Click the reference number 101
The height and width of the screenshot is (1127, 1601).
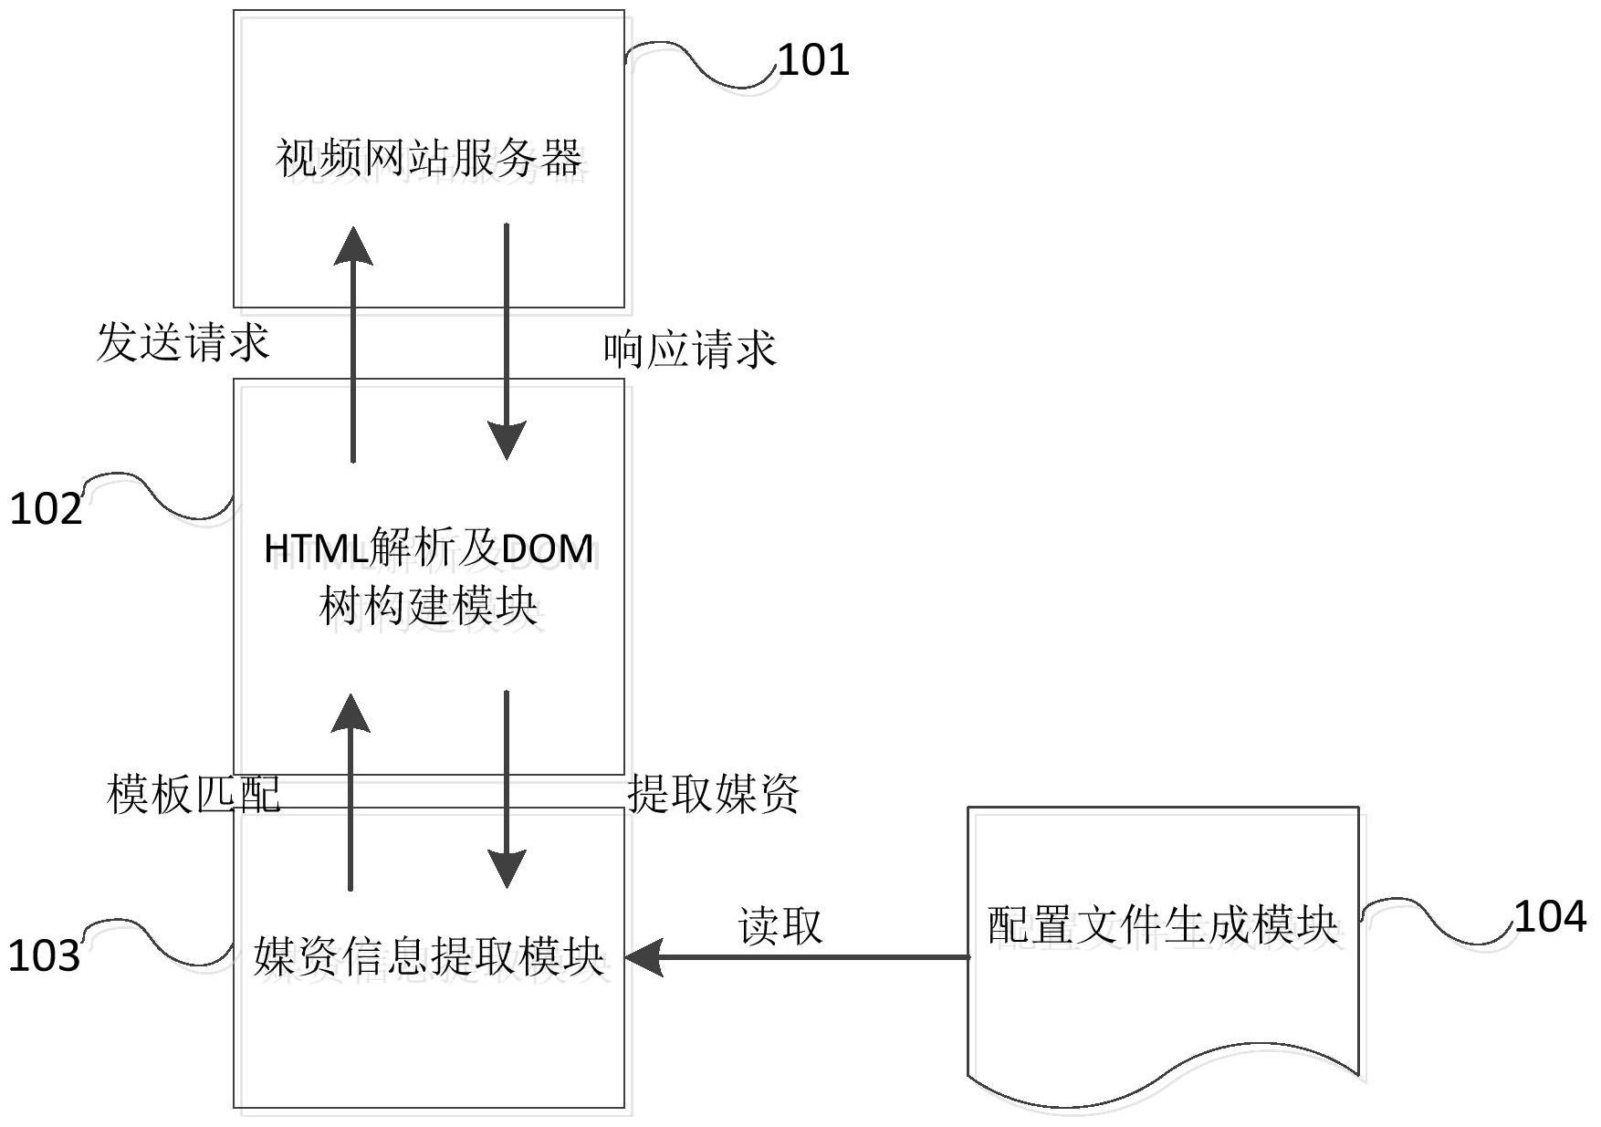pos(813,60)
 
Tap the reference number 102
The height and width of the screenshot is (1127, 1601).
pos(46,508)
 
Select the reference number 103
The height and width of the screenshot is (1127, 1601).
pos(45,955)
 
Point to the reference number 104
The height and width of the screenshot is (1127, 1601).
pos(1550,916)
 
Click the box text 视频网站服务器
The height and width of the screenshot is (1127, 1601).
pos(429,159)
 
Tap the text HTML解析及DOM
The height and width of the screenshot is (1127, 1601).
pos(429,548)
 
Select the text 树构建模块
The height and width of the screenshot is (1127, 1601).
pos(429,605)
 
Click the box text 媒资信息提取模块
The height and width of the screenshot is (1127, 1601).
pos(429,956)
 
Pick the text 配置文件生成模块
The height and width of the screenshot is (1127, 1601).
pos(1163,925)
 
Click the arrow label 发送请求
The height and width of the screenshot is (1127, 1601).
pos(183,343)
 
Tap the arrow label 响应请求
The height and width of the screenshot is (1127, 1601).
pos(690,350)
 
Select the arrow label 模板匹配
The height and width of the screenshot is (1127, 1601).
pos(194,794)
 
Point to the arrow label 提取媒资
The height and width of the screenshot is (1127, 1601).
pos(714,793)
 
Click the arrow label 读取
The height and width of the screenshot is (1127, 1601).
pos(780,926)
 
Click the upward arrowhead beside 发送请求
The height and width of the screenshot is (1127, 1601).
pos(352,245)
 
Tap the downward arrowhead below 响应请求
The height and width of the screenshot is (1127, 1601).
pos(507,442)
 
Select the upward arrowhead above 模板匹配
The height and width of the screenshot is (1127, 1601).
pos(351,712)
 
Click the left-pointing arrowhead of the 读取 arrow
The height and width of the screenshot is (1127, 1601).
pos(644,957)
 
